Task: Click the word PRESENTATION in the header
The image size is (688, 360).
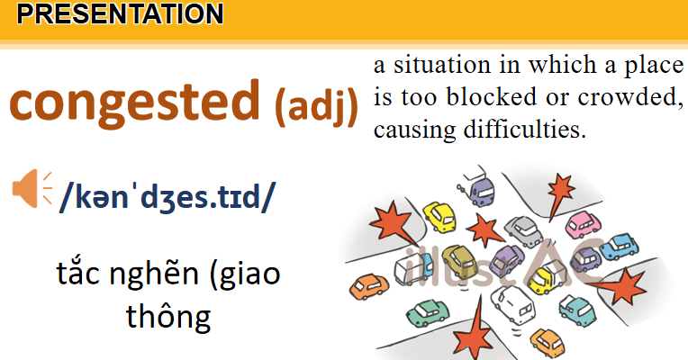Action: (120, 13)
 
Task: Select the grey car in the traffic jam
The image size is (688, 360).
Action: (520, 229)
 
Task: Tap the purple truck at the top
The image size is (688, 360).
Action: (482, 190)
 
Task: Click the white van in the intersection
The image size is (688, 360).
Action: (509, 311)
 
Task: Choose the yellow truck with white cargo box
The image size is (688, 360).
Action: (546, 278)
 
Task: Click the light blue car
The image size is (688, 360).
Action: (620, 244)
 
